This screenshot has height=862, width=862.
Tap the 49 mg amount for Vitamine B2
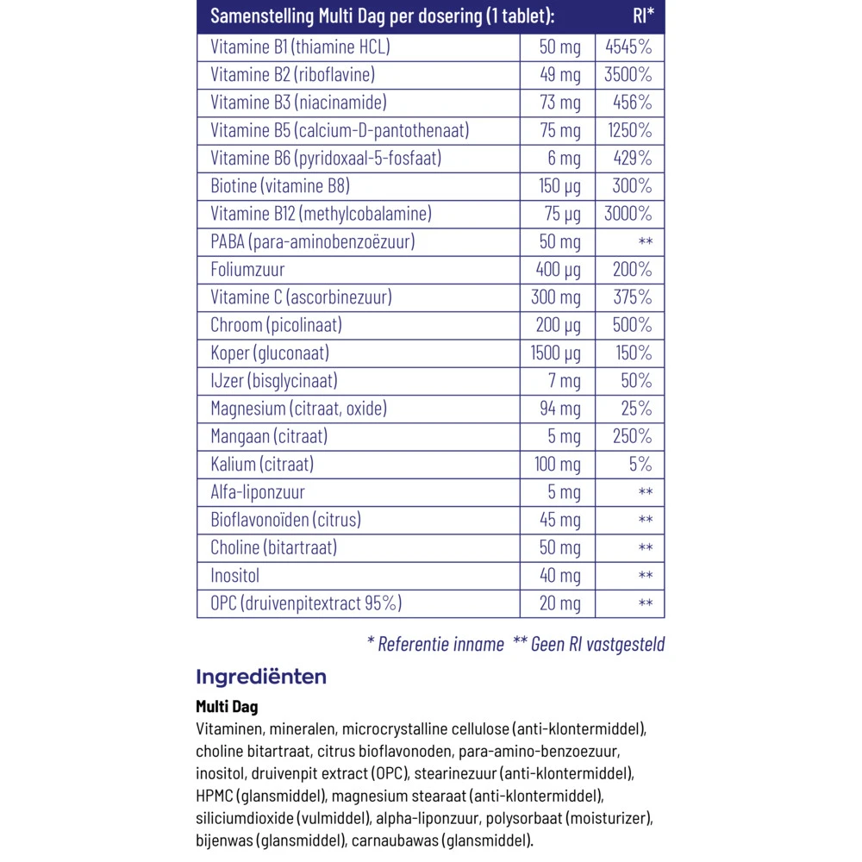point(560,75)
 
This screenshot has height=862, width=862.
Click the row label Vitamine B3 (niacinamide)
point(298,103)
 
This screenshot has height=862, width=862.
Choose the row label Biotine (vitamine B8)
point(280,186)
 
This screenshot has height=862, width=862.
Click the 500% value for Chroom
point(633,325)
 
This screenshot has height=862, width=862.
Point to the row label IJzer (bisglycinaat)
point(274,381)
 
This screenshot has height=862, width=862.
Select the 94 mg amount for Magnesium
point(560,409)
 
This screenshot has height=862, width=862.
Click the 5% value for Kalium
point(640,465)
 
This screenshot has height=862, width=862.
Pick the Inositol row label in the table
point(234,576)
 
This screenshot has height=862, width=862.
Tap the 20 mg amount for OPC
point(560,603)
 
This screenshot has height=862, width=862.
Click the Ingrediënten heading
point(261,677)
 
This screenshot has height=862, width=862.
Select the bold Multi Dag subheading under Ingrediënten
point(227,707)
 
